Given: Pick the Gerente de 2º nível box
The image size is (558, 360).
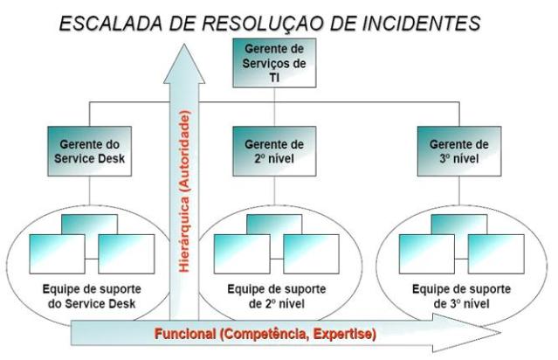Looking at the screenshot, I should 273,149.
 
